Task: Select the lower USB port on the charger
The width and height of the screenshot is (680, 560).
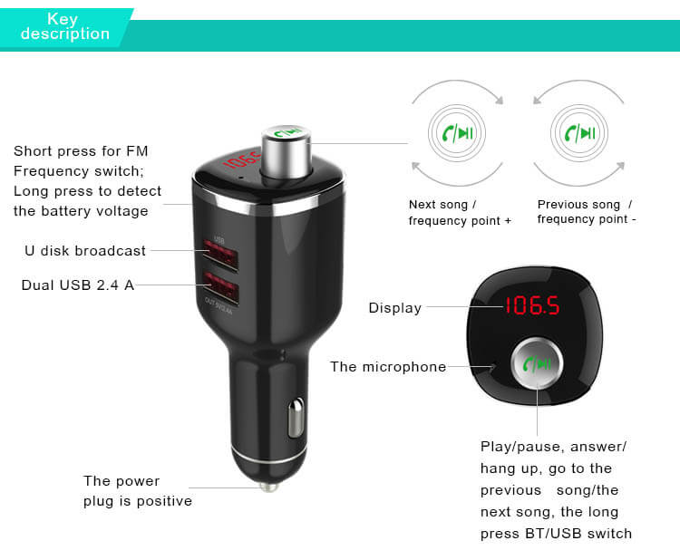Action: point(222,290)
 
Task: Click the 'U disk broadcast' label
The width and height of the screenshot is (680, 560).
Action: point(85,251)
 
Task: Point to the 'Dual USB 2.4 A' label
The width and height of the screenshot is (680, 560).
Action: point(78,285)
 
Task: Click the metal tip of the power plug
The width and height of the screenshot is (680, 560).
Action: point(267,486)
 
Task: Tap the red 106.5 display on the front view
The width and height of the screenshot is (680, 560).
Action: point(531,307)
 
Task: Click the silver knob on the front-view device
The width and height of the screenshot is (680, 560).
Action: point(536,365)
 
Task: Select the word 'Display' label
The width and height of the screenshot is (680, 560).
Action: point(394,308)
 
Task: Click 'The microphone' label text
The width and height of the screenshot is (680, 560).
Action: point(388,367)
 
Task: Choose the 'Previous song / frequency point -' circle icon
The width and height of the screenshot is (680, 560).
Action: point(579,134)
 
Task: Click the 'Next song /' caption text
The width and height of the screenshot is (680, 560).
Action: point(442,205)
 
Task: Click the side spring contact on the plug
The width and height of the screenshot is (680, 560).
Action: point(294,420)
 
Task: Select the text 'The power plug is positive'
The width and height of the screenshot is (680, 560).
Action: point(137,490)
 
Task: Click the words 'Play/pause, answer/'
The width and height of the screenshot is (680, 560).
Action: point(553,447)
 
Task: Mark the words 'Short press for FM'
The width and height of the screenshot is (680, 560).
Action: point(80,151)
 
